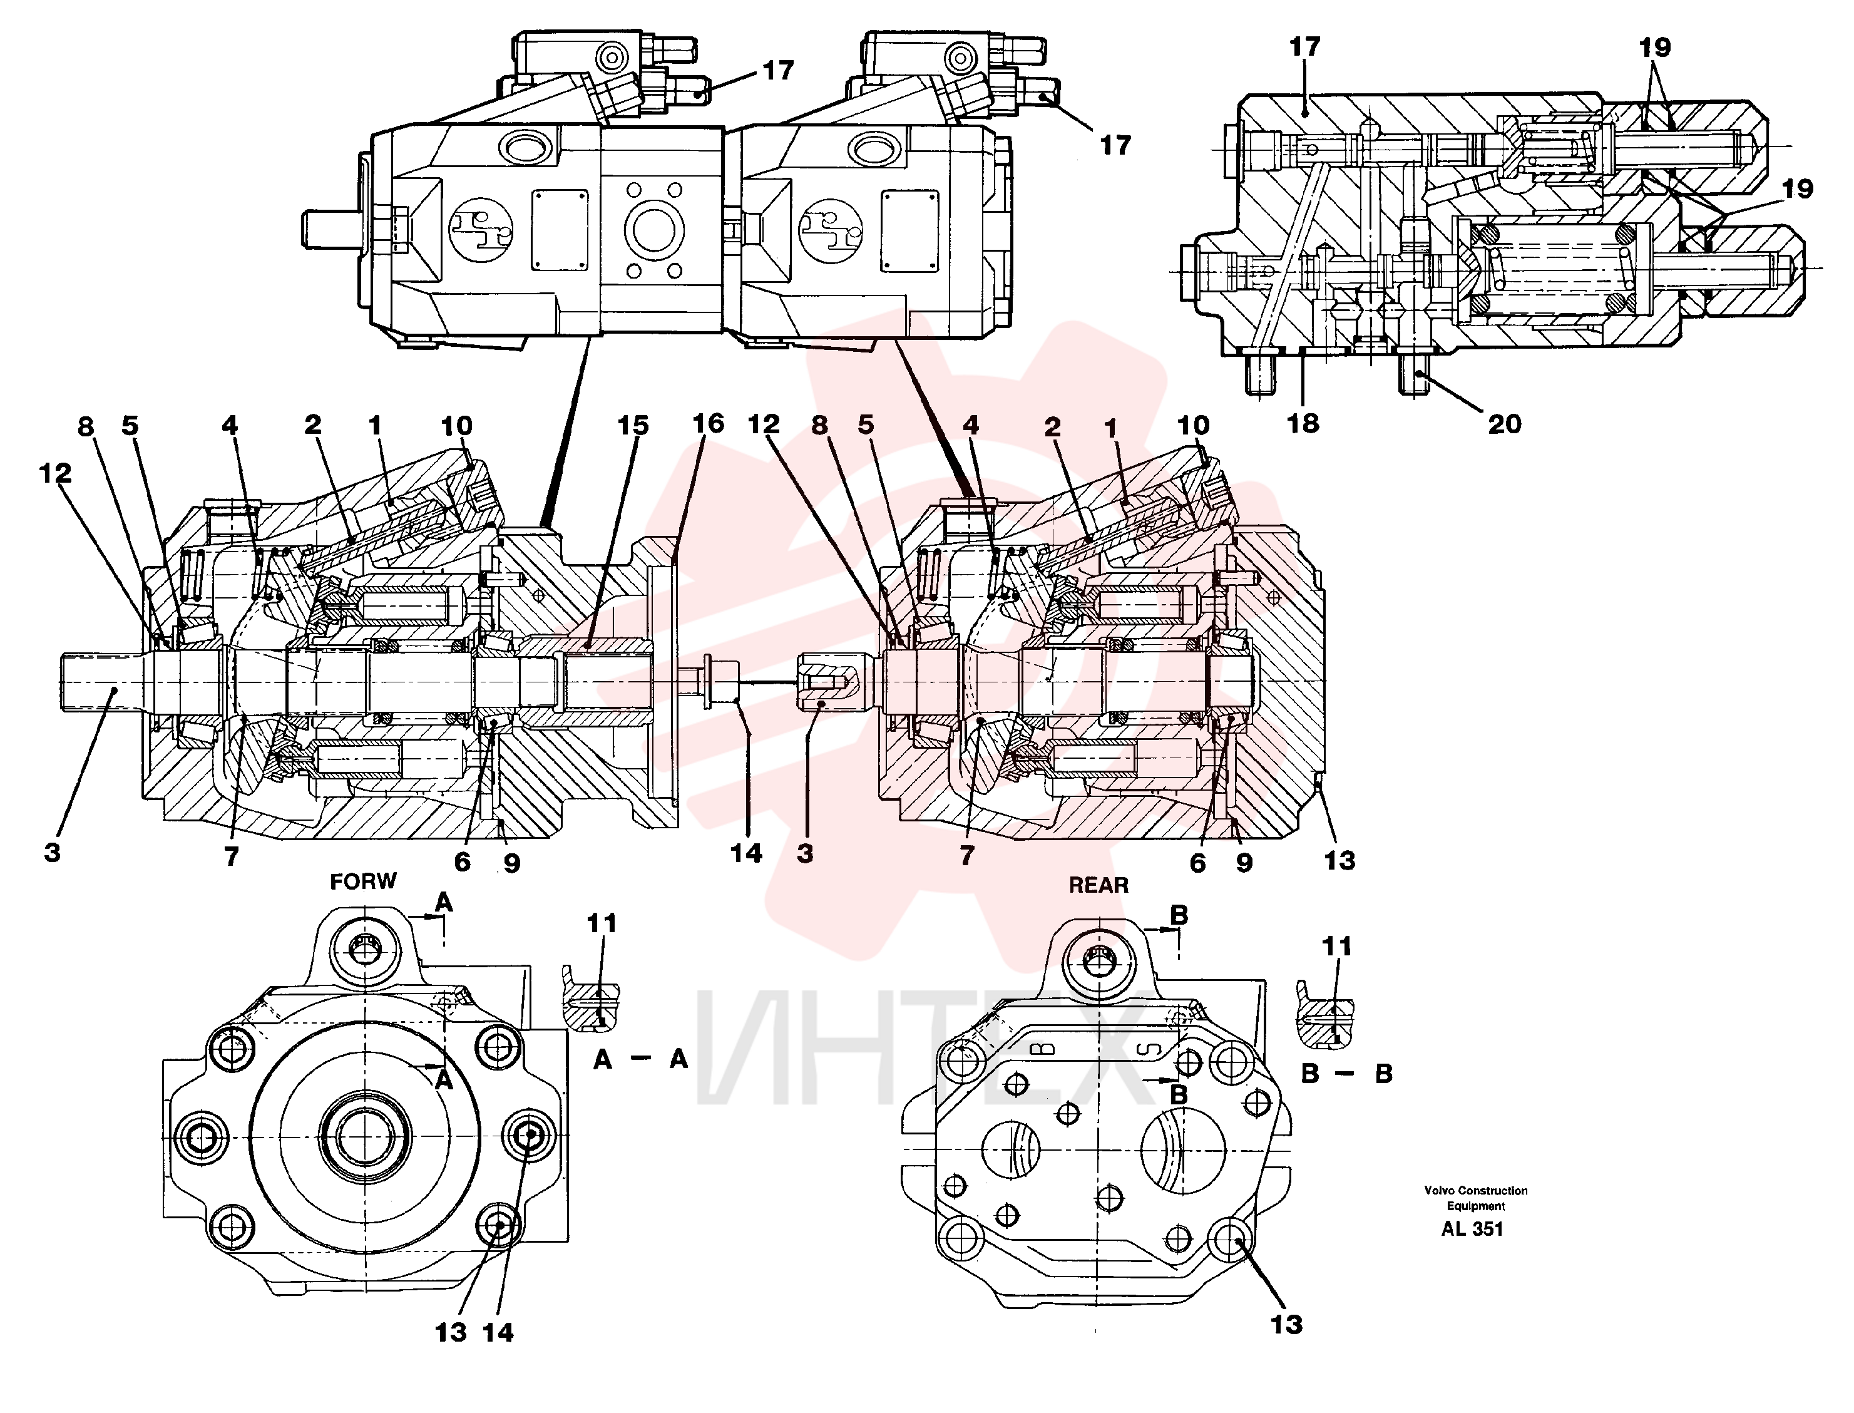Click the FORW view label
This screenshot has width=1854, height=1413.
pos(362,881)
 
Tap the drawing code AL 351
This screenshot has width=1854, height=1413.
pos(1472,1229)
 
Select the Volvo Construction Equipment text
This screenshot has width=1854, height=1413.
pos(1476,1198)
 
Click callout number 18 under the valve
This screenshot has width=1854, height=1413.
pos(1303,423)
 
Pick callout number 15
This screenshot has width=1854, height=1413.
pos(633,426)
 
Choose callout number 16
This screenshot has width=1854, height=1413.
pos(708,423)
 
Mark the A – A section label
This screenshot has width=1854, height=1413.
pos(641,1059)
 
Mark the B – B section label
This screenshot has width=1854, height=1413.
pos(1347,1073)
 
